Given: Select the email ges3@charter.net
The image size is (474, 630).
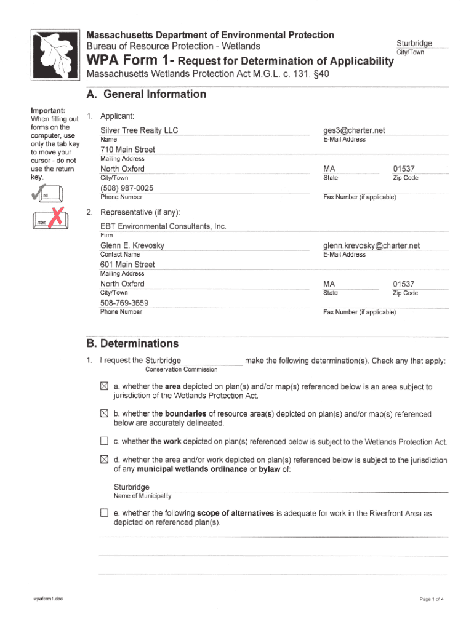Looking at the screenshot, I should click(x=354, y=130).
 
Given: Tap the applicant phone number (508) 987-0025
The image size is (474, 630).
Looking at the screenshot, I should click(x=127, y=188).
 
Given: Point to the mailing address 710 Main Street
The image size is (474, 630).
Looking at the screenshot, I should click(x=127, y=150).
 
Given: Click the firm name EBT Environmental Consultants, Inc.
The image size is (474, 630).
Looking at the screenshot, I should click(x=163, y=226).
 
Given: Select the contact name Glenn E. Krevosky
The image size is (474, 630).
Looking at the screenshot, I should click(x=132, y=245).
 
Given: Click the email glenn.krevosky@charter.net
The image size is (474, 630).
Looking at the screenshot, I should click(x=371, y=245).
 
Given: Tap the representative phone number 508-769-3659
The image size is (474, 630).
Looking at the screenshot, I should click(x=124, y=303).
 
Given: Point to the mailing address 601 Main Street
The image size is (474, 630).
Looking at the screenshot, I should click(x=127, y=265).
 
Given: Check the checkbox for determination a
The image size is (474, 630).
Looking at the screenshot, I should click(x=104, y=386).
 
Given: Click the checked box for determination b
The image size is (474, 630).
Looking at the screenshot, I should click(x=104, y=414).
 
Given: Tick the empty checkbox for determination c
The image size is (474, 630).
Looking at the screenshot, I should click(x=104, y=441).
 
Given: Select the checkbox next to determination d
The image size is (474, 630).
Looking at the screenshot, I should click(x=104, y=460).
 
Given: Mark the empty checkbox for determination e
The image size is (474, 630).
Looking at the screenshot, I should click(x=104, y=512).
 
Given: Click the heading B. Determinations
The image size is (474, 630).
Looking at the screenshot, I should click(x=132, y=343).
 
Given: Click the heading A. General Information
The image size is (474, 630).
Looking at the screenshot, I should click(x=147, y=94).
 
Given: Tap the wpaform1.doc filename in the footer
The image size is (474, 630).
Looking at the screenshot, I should click(x=49, y=599).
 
